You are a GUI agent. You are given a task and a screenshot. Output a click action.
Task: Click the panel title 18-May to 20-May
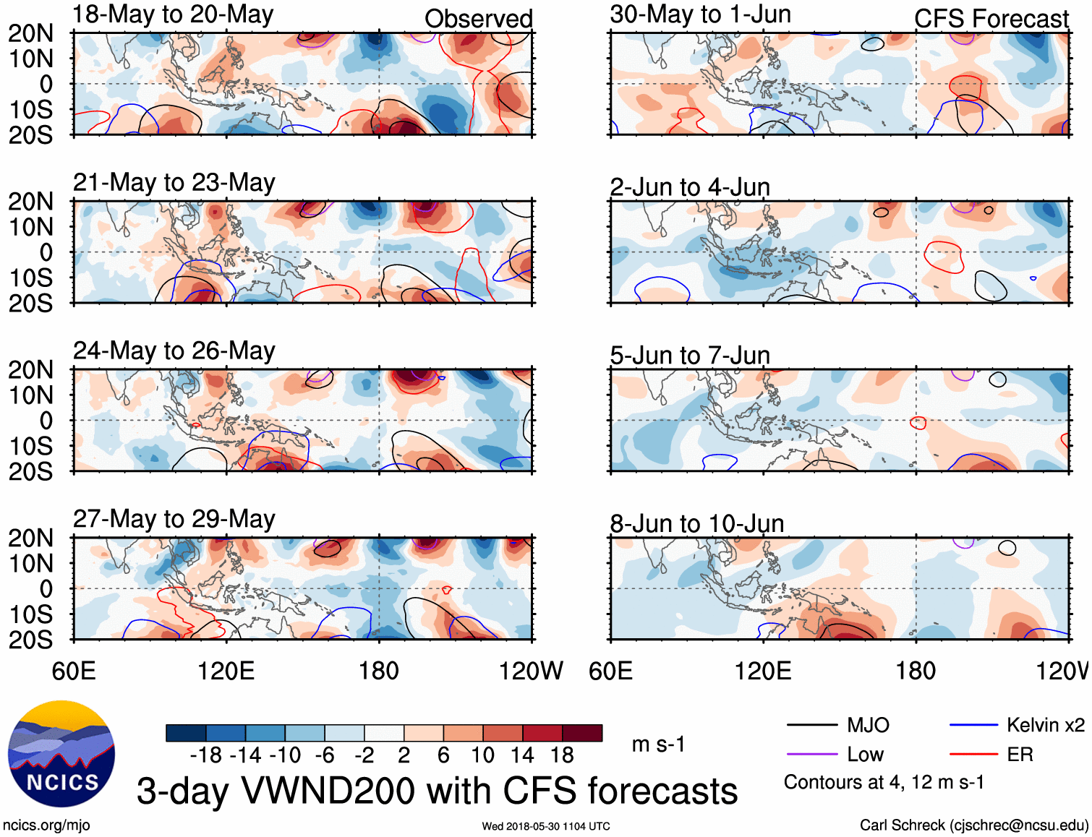[173, 14]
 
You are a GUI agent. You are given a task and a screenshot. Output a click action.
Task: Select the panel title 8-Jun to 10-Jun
[696, 523]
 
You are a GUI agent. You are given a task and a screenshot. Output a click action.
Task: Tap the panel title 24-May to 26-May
[174, 351]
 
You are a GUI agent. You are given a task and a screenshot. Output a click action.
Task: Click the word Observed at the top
[478, 19]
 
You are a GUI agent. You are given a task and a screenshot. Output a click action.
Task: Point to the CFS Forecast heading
[991, 19]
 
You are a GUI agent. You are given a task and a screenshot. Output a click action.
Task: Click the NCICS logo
[61, 754]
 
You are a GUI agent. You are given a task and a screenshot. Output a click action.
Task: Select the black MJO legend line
[811, 725]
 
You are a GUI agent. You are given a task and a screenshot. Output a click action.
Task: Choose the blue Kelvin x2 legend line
[973, 725]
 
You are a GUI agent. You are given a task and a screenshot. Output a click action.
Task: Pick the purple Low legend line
[811, 755]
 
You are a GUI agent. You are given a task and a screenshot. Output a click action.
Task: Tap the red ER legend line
[973, 755]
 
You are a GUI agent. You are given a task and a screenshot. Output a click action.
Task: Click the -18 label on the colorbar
[205, 756]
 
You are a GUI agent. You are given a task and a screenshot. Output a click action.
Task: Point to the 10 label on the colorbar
[482, 756]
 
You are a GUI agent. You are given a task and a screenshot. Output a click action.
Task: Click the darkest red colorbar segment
[582, 733]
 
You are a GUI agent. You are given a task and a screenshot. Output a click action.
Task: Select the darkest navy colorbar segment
[186, 733]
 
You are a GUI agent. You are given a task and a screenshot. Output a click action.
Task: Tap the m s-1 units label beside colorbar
[658, 744]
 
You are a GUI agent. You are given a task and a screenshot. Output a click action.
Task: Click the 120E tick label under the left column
[226, 671]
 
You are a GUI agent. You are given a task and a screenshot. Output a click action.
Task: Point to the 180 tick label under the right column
[916, 671]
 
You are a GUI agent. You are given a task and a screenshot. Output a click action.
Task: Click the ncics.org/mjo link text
[46, 825]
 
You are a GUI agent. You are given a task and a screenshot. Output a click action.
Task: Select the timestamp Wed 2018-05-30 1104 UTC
[546, 826]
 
